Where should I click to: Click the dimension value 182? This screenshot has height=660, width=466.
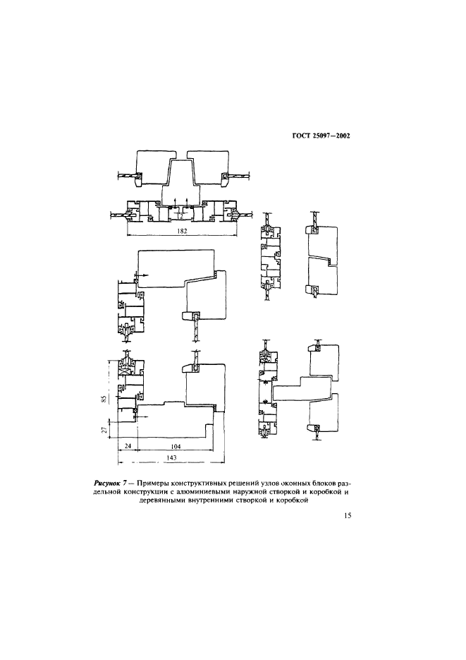click(182, 231)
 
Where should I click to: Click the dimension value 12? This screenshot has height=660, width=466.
click(180, 216)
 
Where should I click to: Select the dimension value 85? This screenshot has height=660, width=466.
click(104, 398)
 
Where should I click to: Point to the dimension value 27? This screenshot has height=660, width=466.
click(104, 429)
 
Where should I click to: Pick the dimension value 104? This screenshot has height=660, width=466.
click(176, 445)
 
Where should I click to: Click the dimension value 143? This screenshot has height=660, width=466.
click(171, 457)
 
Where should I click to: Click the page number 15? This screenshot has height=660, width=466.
click(348, 515)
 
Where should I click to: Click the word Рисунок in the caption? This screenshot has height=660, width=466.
click(105, 484)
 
